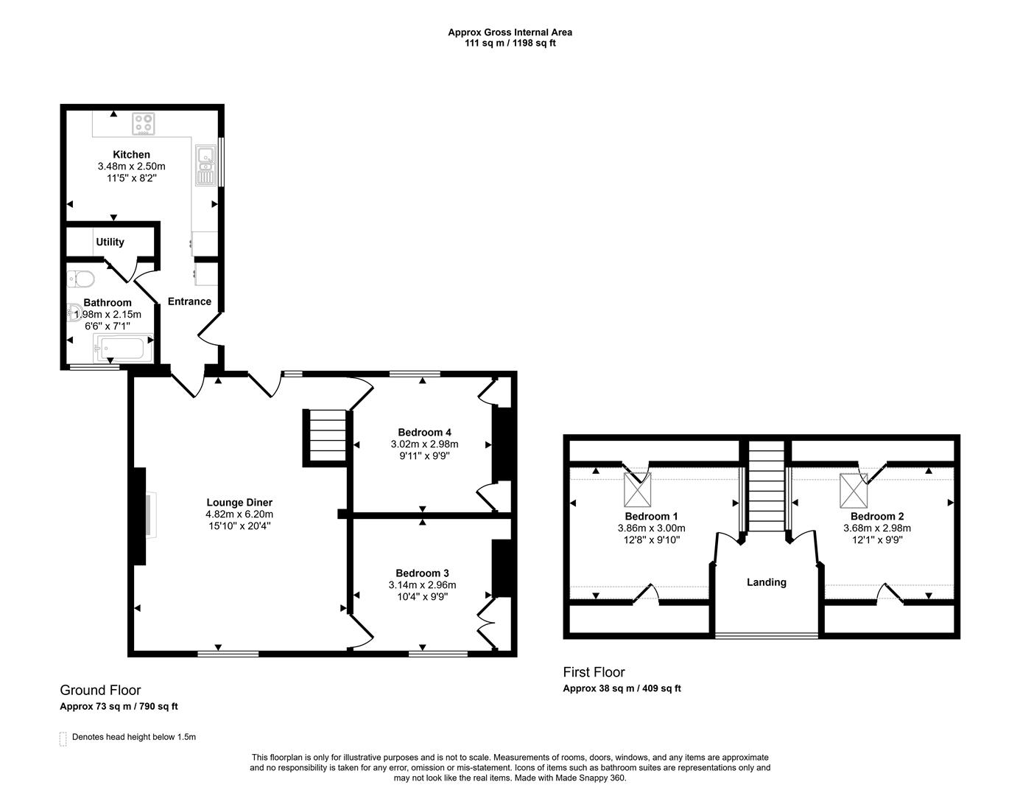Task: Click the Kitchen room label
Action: pyautogui.click(x=131, y=155)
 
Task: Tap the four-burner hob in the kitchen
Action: pyautogui.click(x=144, y=124)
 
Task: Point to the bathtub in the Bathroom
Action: pyautogui.click(x=122, y=347)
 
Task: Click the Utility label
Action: pyautogui.click(x=110, y=242)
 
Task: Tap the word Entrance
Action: pyautogui.click(x=189, y=301)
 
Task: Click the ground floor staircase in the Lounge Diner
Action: pyautogui.click(x=324, y=438)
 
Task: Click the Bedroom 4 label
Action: pyautogui.click(x=424, y=433)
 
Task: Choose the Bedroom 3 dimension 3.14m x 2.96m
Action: pyautogui.click(x=422, y=585)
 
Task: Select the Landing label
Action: pyautogui.click(x=766, y=582)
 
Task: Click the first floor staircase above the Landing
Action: pyautogui.click(x=765, y=486)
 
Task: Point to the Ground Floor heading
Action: pyautogui.click(x=100, y=691)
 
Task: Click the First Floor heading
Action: pyautogui.click(x=594, y=672)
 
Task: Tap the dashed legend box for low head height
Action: pyautogui.click(x=63, y=739)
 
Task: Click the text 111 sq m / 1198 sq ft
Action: pyautogui.click(x=510, y=43)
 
